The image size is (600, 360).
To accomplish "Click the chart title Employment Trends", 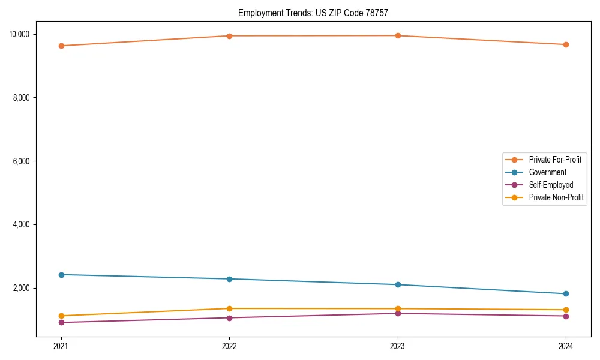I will point(317,13).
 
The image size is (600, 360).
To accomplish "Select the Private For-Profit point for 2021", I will point(61,46).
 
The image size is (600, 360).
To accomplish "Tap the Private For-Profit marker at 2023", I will point(398,35).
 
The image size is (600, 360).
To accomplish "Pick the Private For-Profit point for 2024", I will point(566,44).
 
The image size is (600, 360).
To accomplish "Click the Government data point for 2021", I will point(61,275).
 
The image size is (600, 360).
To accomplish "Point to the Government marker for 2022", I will point(229,279).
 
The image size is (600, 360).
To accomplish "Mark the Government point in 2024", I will point(566,293).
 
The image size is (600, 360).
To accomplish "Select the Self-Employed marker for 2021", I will point(61,322).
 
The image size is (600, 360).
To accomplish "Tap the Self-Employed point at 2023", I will point(398,313).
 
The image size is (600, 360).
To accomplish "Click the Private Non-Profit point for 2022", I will point(229,308).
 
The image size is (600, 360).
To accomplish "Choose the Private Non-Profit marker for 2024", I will point(566,310).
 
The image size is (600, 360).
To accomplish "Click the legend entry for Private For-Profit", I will point(555,160).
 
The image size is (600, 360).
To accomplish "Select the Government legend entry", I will point(547,172).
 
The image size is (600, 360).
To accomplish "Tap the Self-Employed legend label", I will point(551,185).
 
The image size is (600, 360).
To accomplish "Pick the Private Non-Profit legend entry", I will point(556,197).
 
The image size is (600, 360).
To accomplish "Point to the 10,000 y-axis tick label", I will point(20,34).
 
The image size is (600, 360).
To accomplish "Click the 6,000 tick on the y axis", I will point(22,161).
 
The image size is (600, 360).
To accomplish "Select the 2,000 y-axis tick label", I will point(22,289).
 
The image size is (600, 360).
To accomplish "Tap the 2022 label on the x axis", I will point(229,346).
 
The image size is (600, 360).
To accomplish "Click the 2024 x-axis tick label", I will point(566,346).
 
